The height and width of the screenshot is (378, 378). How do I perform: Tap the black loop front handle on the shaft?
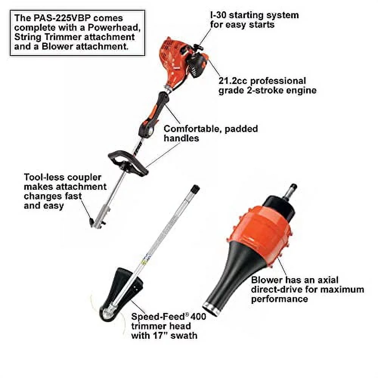pos(127,163)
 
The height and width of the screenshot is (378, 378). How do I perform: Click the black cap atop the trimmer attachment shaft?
pos(195,189)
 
